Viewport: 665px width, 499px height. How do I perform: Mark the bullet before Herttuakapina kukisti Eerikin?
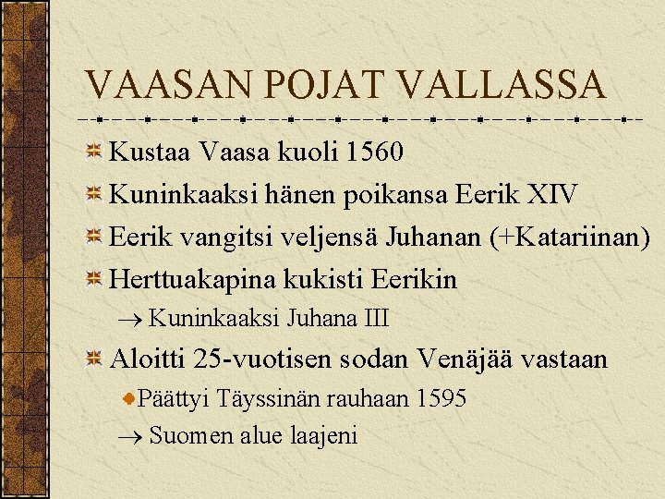[x=94, y=280]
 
